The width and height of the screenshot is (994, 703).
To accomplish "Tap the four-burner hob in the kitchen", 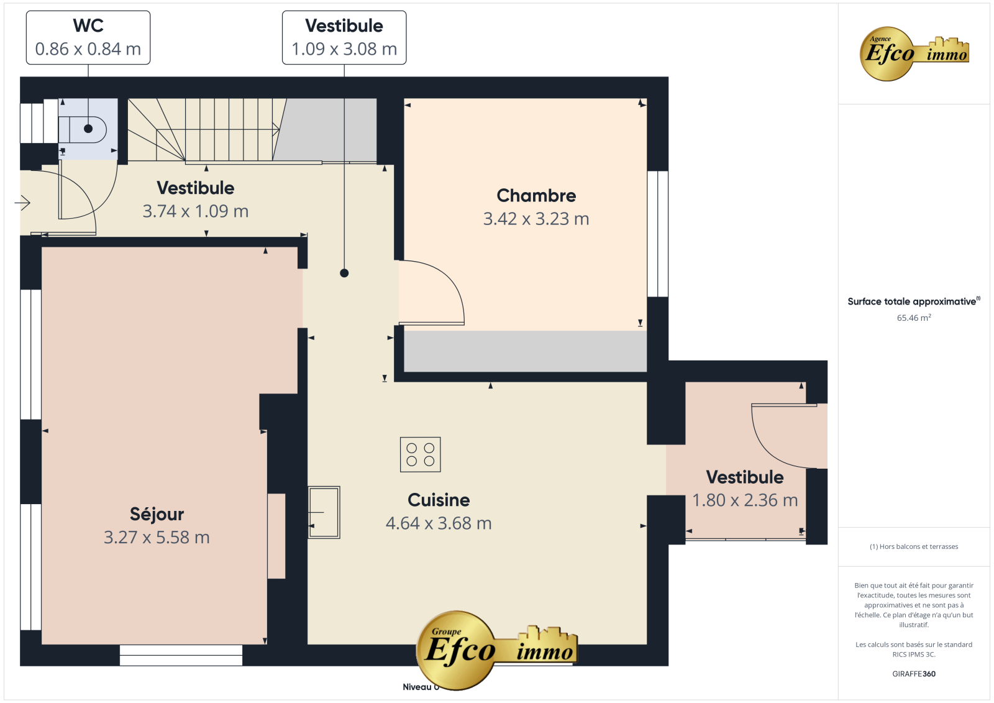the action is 420,454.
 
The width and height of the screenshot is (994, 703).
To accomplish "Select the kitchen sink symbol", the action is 324,512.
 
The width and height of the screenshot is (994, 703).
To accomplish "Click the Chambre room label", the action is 536,196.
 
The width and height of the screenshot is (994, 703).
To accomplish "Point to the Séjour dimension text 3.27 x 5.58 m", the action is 157,538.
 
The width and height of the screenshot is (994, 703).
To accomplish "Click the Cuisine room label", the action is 439,500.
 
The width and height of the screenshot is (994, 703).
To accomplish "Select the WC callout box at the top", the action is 88,38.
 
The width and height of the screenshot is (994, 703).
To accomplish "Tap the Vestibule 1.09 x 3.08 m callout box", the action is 344,38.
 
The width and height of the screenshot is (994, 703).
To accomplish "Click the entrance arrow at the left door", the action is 22,203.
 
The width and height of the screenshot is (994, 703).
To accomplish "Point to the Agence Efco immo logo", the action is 914,53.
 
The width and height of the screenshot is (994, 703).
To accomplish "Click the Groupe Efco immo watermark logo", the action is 497,650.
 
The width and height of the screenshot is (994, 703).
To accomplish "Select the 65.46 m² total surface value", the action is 914,318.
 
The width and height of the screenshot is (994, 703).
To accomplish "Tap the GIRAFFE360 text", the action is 914,674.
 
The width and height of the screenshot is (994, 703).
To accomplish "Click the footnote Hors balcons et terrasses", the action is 914,547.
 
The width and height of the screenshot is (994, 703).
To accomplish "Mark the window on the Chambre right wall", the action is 658,234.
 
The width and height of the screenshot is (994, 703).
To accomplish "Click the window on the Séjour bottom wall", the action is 181,656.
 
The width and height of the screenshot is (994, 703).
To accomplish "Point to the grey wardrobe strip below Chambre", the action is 525,351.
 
